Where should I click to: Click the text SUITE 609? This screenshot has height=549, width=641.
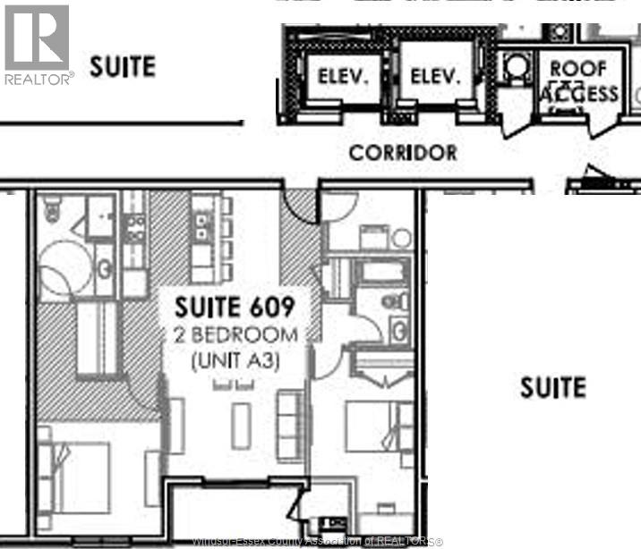pos(234,308)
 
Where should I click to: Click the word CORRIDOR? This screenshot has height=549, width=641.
pos(403,153)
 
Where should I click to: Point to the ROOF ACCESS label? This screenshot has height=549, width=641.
pos(577,80)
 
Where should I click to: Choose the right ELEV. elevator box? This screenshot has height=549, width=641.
pos(434,78)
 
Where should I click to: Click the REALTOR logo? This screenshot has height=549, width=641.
pos(37,44)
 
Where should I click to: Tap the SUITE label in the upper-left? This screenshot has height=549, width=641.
pos(123,66)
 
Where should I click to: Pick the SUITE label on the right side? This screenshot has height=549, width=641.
pos(553,387)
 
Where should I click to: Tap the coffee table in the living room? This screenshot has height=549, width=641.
pos(241,426)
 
